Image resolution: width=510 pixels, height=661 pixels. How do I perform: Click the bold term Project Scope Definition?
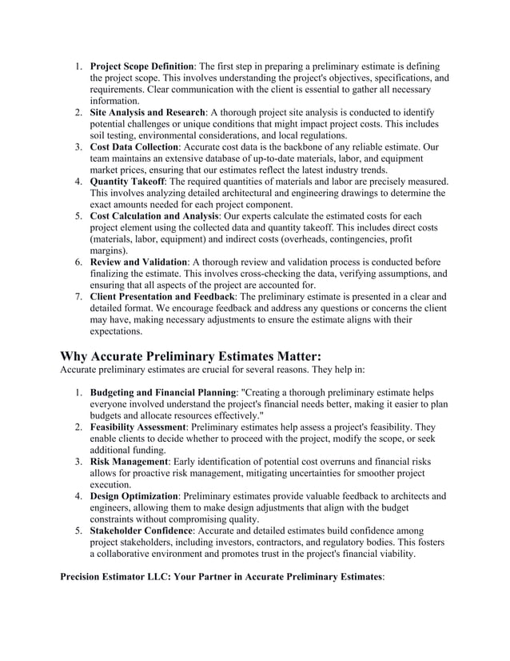tap(141, 66)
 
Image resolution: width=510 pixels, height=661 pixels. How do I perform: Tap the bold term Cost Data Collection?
tap(133, 148)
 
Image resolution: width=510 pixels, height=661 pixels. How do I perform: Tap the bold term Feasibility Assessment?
tap(137, 427)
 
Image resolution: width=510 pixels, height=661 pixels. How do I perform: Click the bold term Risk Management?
tap(127, 462)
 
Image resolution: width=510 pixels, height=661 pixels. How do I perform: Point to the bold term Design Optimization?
tap(133, 496)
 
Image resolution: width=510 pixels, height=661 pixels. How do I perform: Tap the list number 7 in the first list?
tap(79, 297)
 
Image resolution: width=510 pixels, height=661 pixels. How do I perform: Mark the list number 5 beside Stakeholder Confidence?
tap(79, 531)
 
